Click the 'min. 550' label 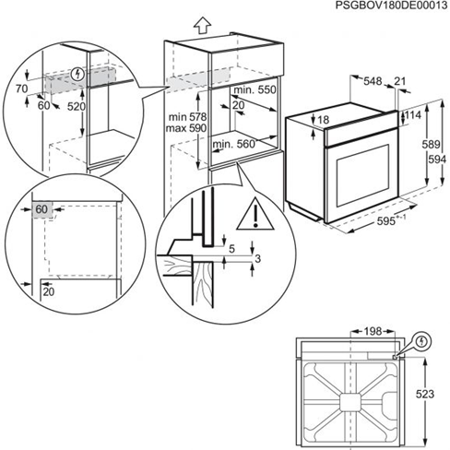point(255,92)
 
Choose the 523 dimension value point(424,394)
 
